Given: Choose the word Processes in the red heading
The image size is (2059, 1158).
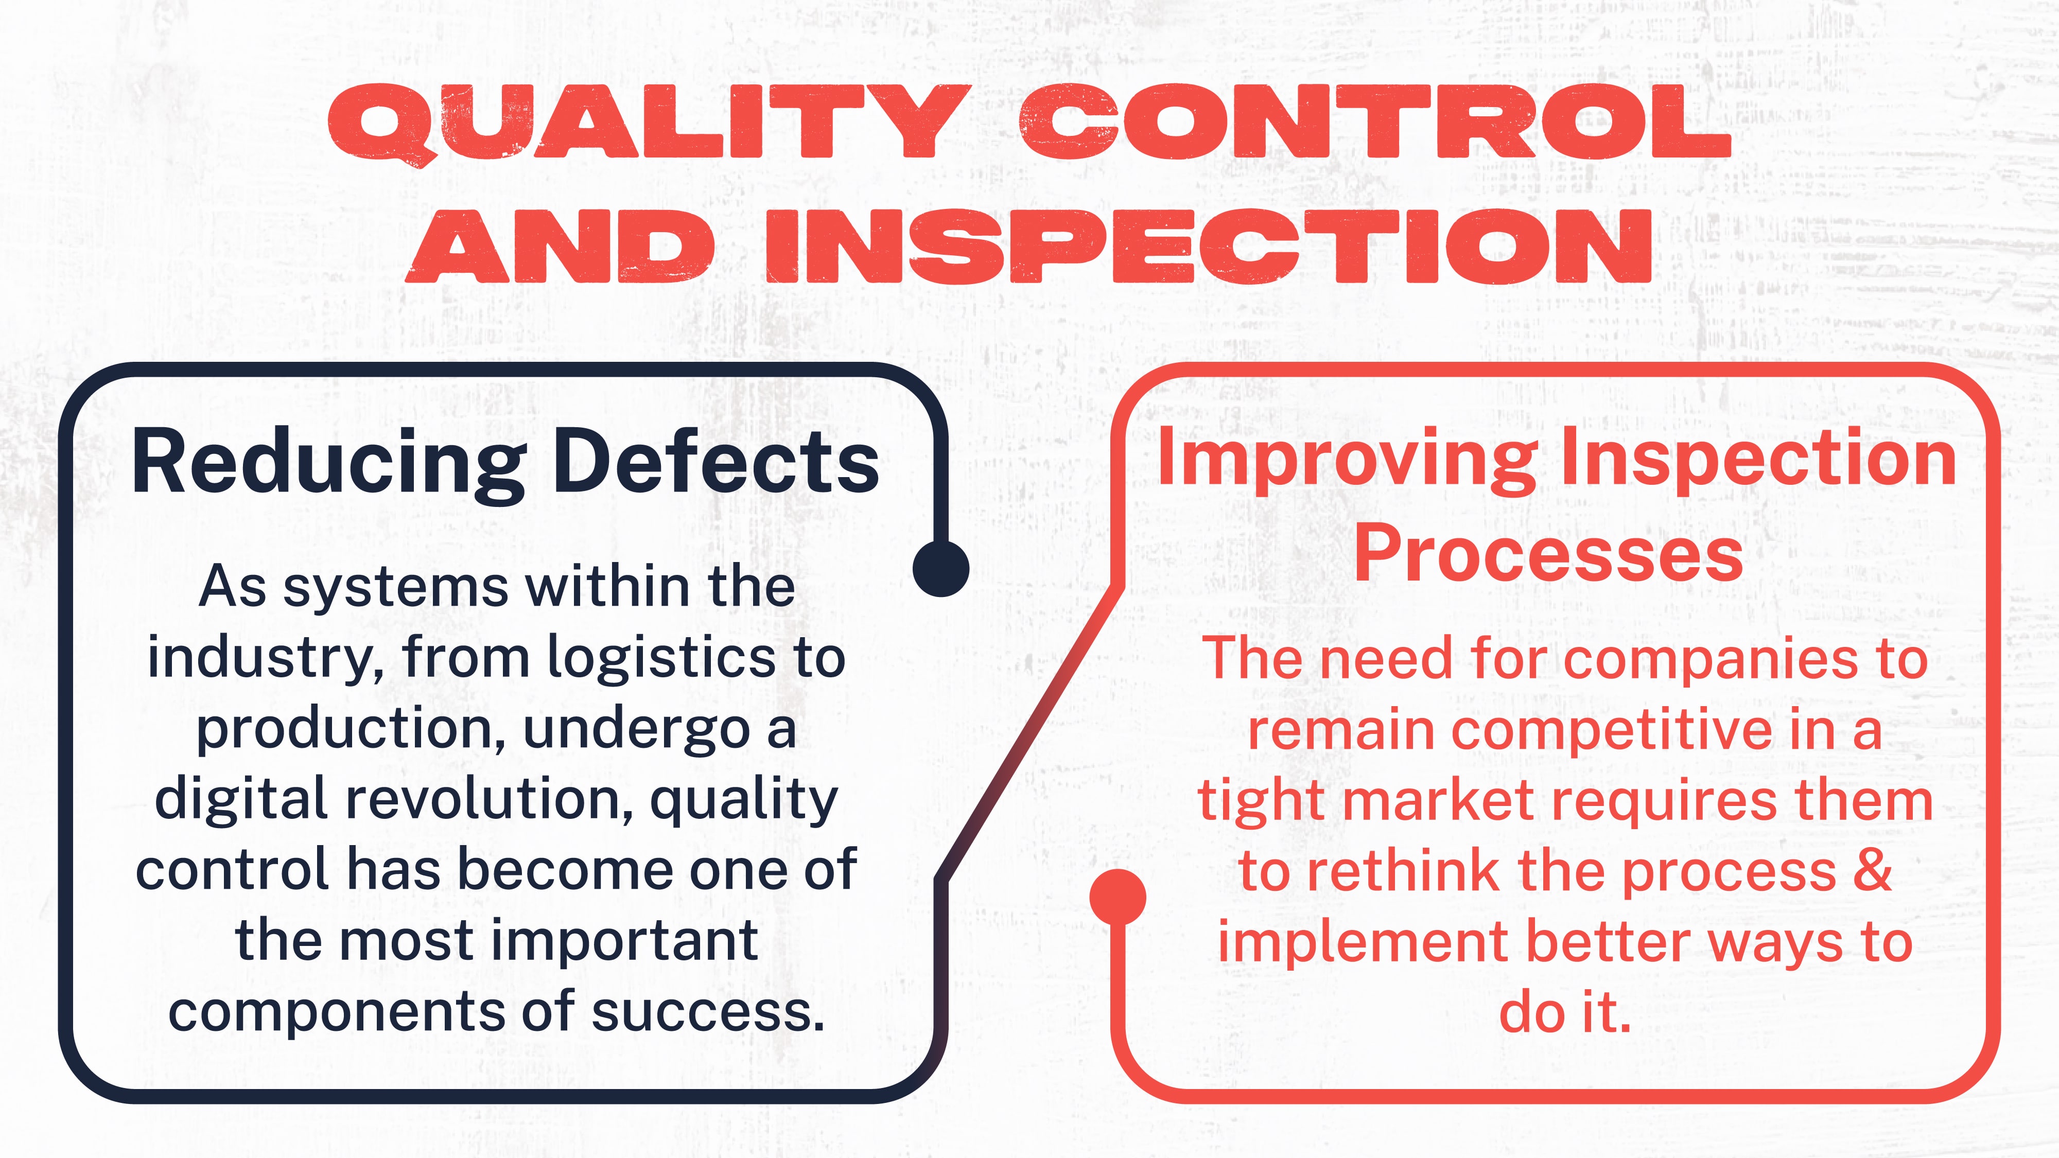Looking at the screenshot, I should tap(1548, 553).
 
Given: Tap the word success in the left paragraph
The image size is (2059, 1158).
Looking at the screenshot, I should tap(707, 1011).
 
